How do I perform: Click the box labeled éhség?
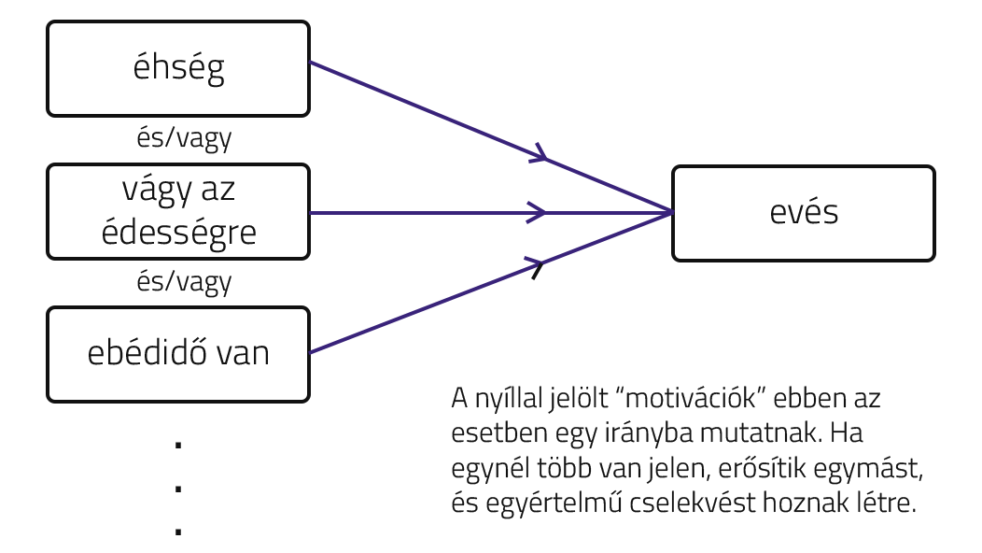click(x=178, y=68)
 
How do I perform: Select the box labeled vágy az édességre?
click(x=178, y=212)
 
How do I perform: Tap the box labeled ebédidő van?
click(x=178, y=354)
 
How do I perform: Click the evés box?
click(x=804, y=212)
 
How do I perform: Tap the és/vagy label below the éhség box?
click(x=184, y=139)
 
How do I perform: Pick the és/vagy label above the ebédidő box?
click(x=184, y=282)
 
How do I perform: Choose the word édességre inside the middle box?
click(x=178, y=233)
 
